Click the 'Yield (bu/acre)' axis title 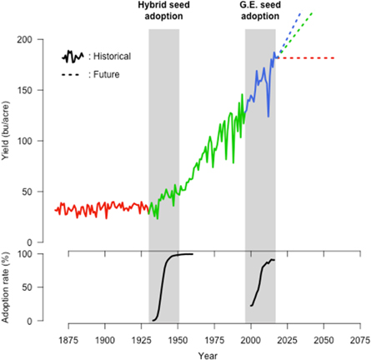coord(8,142)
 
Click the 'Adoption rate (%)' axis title coord(8,286)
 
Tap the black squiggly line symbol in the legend coord(72,56)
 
